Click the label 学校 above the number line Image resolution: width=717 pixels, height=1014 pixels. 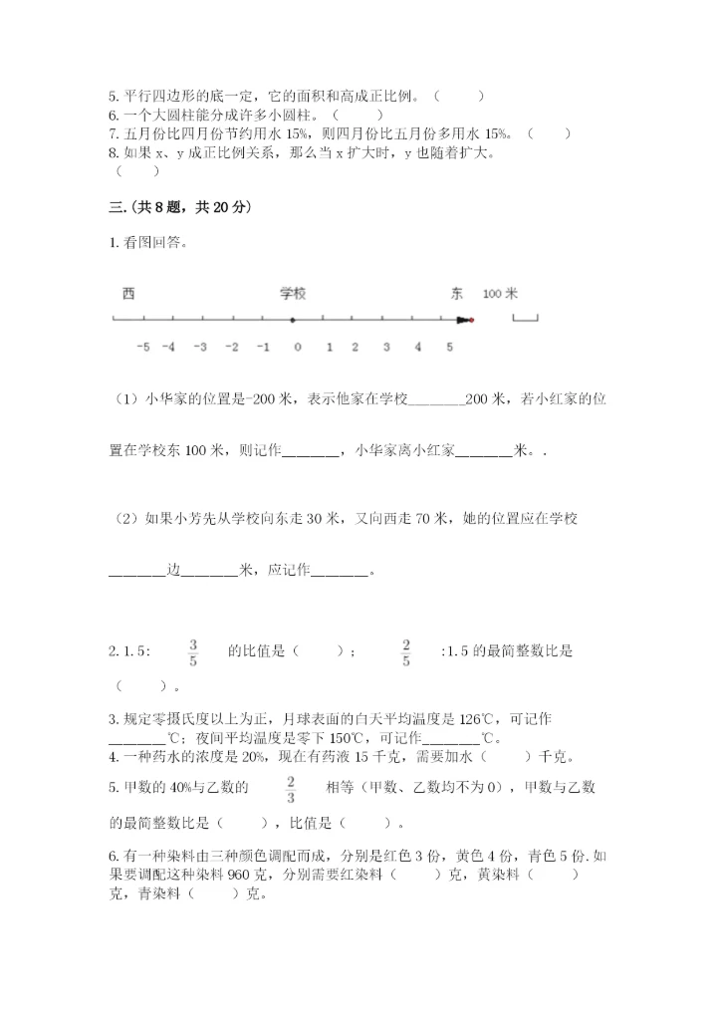[x=292, y=294]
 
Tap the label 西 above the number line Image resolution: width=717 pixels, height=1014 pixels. [x=127, y=294]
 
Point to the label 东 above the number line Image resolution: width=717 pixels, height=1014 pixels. [x=456, y=294]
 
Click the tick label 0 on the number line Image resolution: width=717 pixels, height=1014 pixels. [x=297, y=347]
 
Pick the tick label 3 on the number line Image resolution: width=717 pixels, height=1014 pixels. [x=386, y=347]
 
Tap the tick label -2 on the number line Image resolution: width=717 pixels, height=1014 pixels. [x=232, y=347]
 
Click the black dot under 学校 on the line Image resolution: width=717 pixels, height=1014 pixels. [x=292, y=320]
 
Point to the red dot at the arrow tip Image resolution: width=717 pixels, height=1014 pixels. [x=471, y=320]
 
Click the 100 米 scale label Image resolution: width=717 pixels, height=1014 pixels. [x=500, y=294]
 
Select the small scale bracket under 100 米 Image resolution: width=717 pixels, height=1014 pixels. [x=525, y=318]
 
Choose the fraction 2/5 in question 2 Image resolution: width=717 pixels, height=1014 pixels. [x=405, y=651]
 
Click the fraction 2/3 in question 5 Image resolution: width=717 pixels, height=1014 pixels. [x=291, y=788]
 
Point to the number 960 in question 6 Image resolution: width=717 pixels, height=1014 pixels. [x=240, y=875]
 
